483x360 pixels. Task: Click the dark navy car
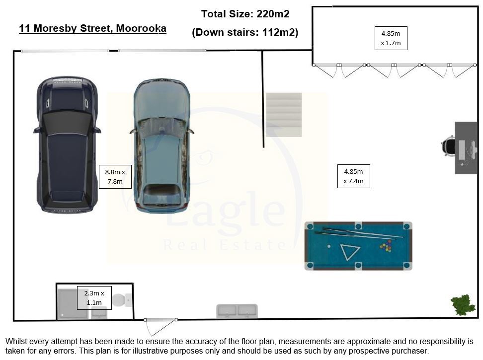click(x=67, y=144)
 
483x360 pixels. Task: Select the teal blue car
click(x=161, y=145)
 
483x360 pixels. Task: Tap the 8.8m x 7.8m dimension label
click(x=115, y=177)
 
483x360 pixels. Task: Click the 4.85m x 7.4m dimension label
click(x=353, y=176)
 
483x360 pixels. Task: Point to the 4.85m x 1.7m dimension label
click(x=391, y=38)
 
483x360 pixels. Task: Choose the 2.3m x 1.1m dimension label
click(x=94, y=298)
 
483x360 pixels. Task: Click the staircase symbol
click(x=284, y=115)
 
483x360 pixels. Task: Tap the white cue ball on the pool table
click(x=329, y=246)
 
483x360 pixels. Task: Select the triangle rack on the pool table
click(x=349, y=251)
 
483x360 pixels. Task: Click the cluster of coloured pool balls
click(x=386, y=246)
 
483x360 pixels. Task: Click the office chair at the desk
click(x=448, y=146)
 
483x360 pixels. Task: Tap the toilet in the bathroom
click(x=122, y=300)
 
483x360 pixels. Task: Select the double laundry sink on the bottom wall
click(x=237, y=311)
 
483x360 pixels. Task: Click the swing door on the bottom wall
click(x=161, y=327)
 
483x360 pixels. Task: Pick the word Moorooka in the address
click(x=141, y=28)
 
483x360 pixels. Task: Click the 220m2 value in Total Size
click(x=273, y=14)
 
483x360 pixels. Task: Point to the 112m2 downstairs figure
click(x=280, y=32)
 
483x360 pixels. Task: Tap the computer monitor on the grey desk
click(x=462, y=150)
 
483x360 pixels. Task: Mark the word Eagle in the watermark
click(x=226, y=209)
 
